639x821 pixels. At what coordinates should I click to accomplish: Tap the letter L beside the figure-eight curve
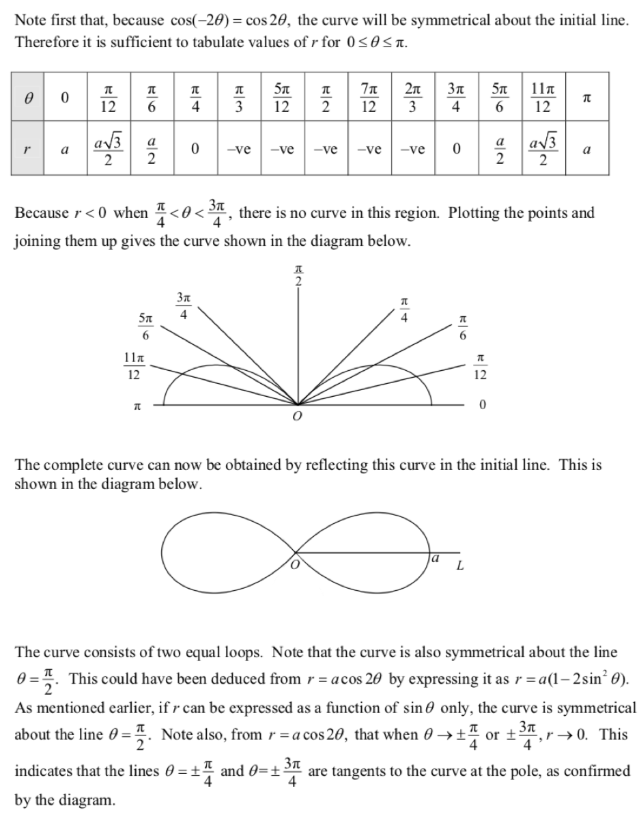pos(460,566)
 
